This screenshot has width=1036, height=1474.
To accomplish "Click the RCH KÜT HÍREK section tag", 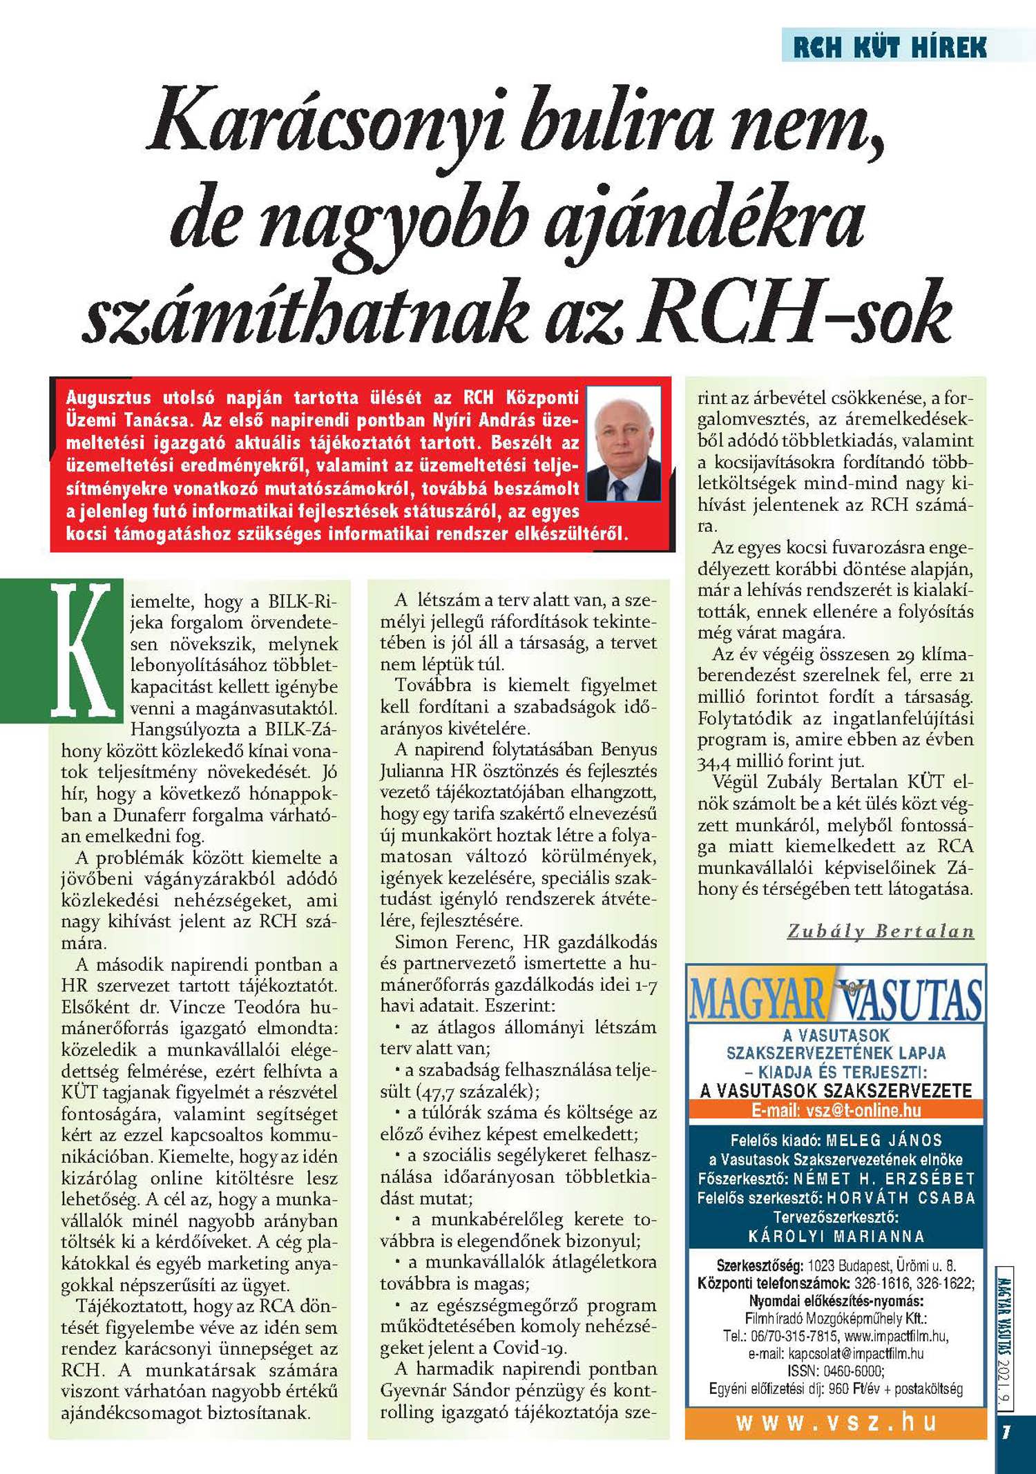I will tap(890, 46).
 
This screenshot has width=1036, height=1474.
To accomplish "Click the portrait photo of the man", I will tap(624, 443).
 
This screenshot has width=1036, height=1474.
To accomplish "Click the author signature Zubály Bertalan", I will tap(881, 931).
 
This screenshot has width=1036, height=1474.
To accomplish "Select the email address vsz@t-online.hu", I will tap(863, 1111).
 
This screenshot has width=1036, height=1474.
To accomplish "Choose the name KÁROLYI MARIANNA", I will tap(836, 1236).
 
